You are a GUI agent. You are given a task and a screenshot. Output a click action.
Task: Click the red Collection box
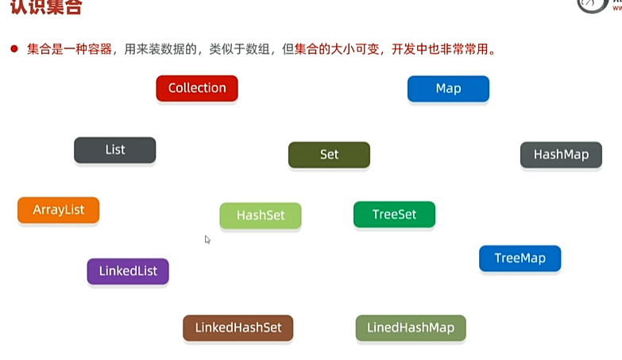click(x=197, y=88)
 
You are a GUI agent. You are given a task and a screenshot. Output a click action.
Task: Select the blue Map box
click(x=448, y=89)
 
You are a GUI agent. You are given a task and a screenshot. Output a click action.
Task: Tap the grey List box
click(x=115, y=150)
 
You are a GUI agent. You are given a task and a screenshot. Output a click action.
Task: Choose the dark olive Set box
click(x=329, y=155)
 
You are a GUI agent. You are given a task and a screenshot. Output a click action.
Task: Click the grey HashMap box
click(x=561, y=155)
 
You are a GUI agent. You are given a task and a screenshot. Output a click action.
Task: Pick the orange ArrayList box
click(x=59, y=211)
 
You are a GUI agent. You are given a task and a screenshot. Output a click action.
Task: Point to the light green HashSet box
click(x=261, y=216)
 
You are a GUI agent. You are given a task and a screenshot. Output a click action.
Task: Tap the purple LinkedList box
click(x=128, y=272)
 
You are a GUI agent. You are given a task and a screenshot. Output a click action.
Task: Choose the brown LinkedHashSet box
click(x=238, y=328)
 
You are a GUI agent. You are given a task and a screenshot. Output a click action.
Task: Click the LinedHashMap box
click(x=411, y=328)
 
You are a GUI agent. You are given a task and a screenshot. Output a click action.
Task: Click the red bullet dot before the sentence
click(x=14, y=49)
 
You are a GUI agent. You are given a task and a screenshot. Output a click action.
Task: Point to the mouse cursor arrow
click(x=207, y=239)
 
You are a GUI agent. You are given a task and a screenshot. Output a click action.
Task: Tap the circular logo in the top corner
click(x=590, y=5)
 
